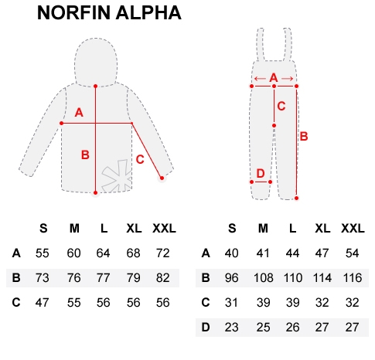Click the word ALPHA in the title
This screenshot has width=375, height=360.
[x=148, y=12]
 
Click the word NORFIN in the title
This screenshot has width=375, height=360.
[x=73, y=12]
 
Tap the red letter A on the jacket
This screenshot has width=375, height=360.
[x=79, y=113]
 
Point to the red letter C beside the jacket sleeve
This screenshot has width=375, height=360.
[x=140, y=159]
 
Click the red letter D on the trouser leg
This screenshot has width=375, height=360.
[x=261, y=173]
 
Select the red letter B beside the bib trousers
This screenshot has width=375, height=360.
[x=304, y=136]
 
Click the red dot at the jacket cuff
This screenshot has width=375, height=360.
[x=162, y=178]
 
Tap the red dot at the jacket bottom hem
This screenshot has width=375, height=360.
[x=95, y=192]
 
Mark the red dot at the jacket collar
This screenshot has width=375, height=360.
[x=95, y=86]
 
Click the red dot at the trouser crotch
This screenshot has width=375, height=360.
[x=274, y=125]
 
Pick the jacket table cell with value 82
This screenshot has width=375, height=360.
[x=163, y=278]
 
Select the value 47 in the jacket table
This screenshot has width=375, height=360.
[x=43, y=302]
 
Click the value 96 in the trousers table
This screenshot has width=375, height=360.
[x=231, y=278]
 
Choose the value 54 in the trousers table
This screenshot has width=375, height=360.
[x=352, y=253]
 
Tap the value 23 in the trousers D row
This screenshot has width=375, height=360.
[x=231, y=328]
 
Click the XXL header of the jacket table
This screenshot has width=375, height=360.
[x=164, y=229]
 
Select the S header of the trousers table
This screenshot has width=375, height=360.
[x=232, y=229]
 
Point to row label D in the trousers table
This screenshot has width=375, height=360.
[x=206, y=328]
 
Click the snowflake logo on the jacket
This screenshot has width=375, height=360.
[x=118, y=176]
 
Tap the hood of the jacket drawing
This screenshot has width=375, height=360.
[x=96, y=62]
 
